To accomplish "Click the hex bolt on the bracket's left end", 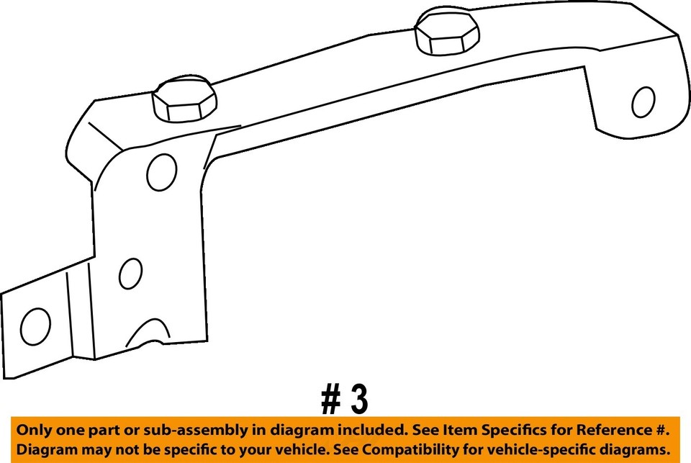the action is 184,99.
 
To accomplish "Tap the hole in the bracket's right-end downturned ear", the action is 643,102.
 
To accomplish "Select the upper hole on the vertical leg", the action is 162,172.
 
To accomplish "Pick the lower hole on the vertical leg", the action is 130,274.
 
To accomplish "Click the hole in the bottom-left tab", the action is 35,326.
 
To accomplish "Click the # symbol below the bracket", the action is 331,399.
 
